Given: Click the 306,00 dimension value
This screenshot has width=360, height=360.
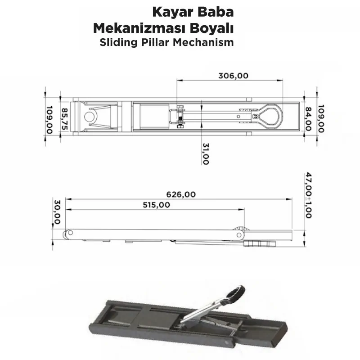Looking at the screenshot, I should (233, 76).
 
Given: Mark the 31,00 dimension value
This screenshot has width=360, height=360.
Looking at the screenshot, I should (205, 154).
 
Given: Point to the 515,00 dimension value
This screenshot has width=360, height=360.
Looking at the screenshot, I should (156, 205).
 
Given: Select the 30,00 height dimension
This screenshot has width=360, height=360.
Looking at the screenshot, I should (57, 212).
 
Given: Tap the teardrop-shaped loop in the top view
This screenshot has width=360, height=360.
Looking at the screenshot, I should (269, 116).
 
